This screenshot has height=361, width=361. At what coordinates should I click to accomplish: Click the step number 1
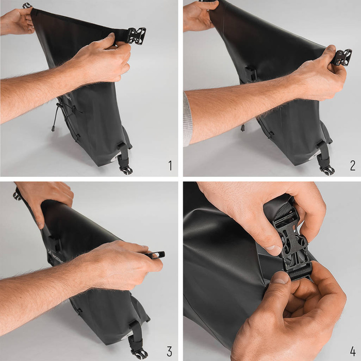tap(170, 166)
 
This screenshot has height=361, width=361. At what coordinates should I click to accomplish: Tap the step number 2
tap(352, 166)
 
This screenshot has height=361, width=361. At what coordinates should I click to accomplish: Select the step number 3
tap(169, 352)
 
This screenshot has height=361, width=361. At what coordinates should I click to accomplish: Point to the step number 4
tap(353, 352)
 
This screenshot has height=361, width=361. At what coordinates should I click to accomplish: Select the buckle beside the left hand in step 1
tap(27, 6)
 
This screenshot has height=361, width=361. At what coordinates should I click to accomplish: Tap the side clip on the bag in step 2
tap(251, 73)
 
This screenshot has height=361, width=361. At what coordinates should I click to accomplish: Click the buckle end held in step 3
tap(156, 254)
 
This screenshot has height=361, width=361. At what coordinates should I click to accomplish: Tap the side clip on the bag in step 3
tap(55, 243)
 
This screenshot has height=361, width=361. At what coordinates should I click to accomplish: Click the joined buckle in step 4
tap(292, 245)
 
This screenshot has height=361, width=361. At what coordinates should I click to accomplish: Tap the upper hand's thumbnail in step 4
tap(273, 249)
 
